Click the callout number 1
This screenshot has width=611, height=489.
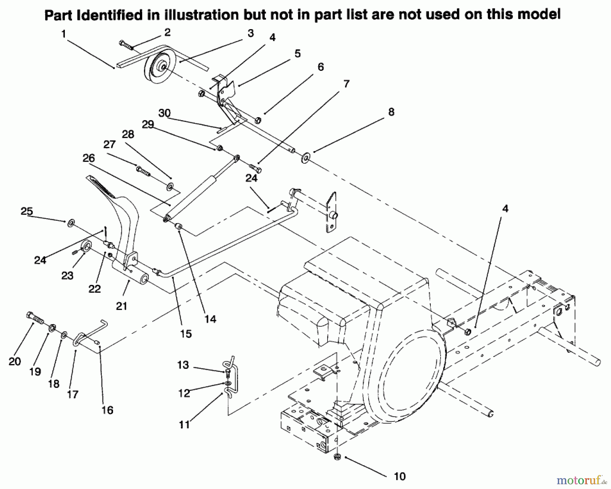click(63, 34)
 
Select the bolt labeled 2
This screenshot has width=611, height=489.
click(126, 45)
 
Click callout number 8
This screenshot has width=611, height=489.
click(391, 112)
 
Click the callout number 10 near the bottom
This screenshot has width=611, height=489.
click(400, 476)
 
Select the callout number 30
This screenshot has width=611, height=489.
click(165, 113)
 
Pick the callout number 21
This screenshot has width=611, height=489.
click(122, 306)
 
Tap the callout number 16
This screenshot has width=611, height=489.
click(107, 410)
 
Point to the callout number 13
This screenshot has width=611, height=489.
click(183, 365)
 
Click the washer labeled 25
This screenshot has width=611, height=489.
click(71, 223)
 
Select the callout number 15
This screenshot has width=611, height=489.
click(186, 334)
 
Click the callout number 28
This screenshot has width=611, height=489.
click(128, 134)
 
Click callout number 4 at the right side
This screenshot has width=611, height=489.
click(505, 209)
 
